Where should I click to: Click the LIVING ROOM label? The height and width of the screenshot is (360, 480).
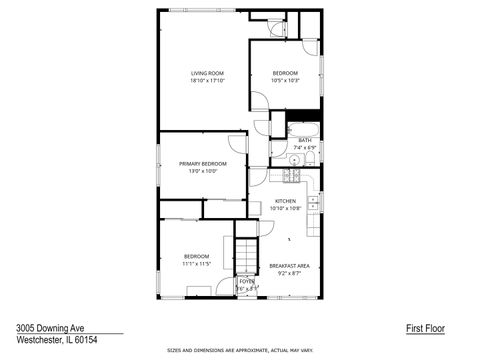click(207, 73)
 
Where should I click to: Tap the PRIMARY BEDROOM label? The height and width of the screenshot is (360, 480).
click(203, 163)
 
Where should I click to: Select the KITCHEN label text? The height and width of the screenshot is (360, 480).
click(286, 201)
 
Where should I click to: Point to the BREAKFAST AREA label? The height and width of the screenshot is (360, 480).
click(289, 265)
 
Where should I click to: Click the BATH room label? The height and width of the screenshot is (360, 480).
click(304, 140)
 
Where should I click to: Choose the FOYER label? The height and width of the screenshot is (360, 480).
click(246, 282)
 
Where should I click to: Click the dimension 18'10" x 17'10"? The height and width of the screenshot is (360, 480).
click(207, 81)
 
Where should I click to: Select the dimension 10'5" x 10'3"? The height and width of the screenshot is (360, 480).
click(286, 81)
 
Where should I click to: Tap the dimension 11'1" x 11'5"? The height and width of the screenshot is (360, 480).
click(196, 264)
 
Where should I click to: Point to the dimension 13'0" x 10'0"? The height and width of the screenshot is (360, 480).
click(203, 171)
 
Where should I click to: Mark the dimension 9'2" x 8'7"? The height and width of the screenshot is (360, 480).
click(289, 273)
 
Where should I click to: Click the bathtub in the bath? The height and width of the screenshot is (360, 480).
click(304, 128)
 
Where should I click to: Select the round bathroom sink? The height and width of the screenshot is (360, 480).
click(296, 159)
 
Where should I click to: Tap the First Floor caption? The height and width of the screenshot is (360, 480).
click(425, 327)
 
